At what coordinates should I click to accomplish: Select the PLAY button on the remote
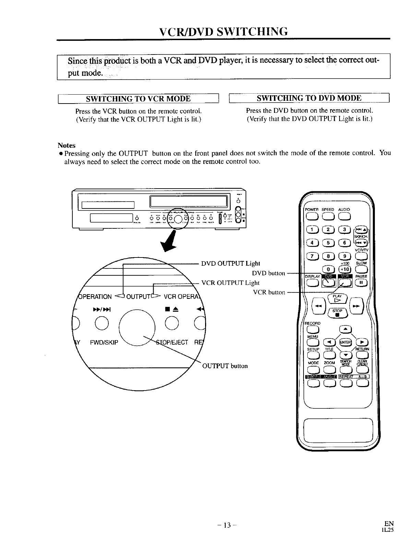pyautogui.click(x=337, y=298)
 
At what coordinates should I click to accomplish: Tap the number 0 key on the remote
pyautogui.click(x=328, y=269)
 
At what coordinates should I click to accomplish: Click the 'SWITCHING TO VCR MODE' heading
pyautogui.click(x=138, y=99)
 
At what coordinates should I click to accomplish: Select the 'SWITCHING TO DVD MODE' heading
pyautogui.click(x=309, y=98)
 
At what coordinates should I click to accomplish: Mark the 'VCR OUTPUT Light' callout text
pyautogui.click(x=230, y=283)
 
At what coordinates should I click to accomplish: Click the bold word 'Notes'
pyautogui.click(x=67, y=145)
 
